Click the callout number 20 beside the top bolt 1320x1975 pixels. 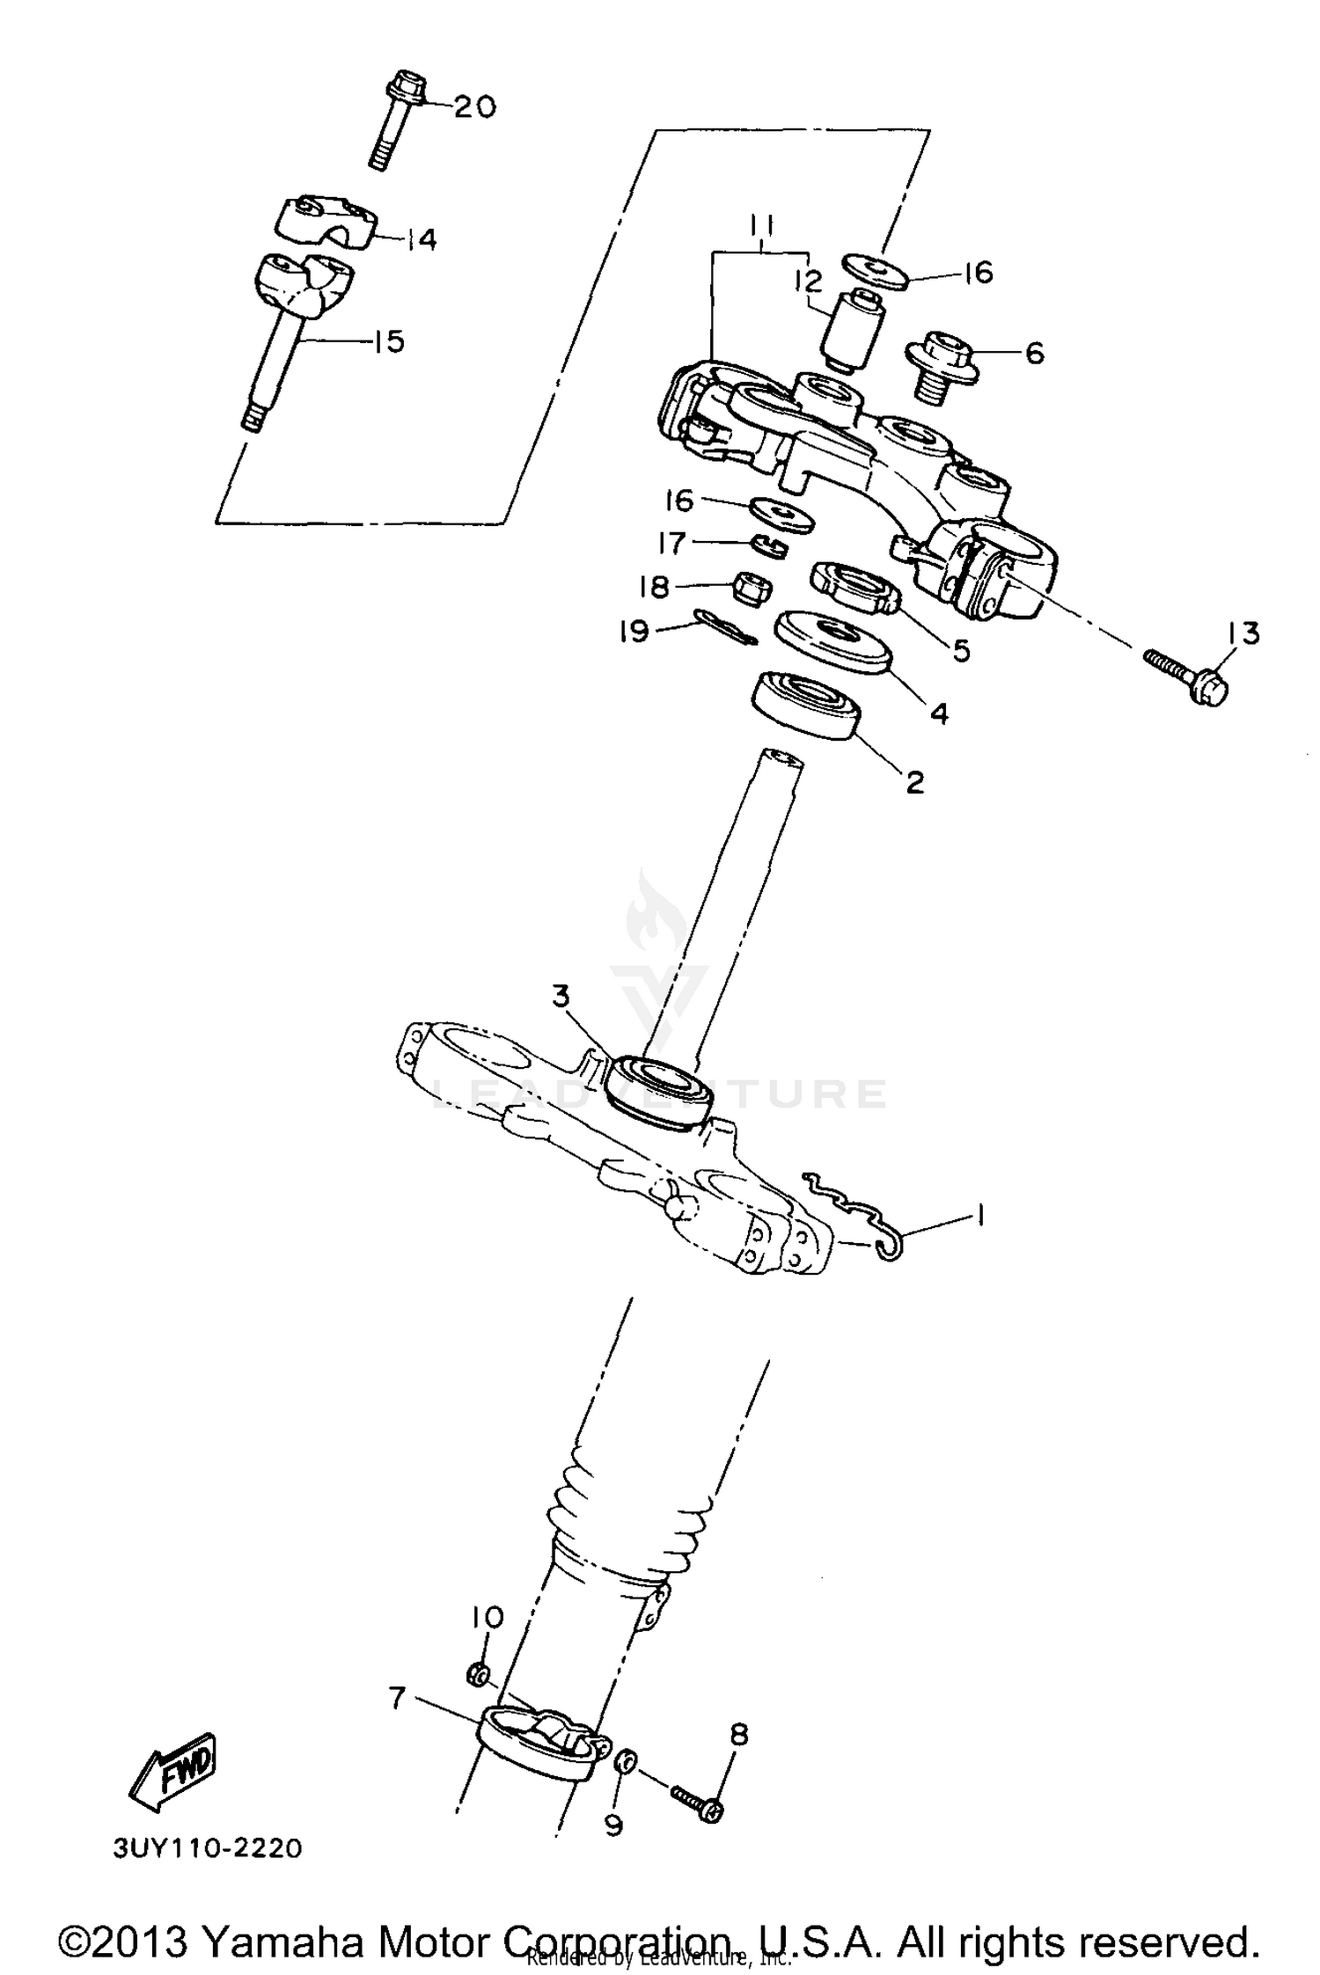coord(475,107)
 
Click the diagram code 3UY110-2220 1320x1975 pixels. coord(208,1847)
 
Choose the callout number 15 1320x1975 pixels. coord(388,341)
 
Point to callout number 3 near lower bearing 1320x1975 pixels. coord(561,997)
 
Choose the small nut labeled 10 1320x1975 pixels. coord(476,1674)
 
